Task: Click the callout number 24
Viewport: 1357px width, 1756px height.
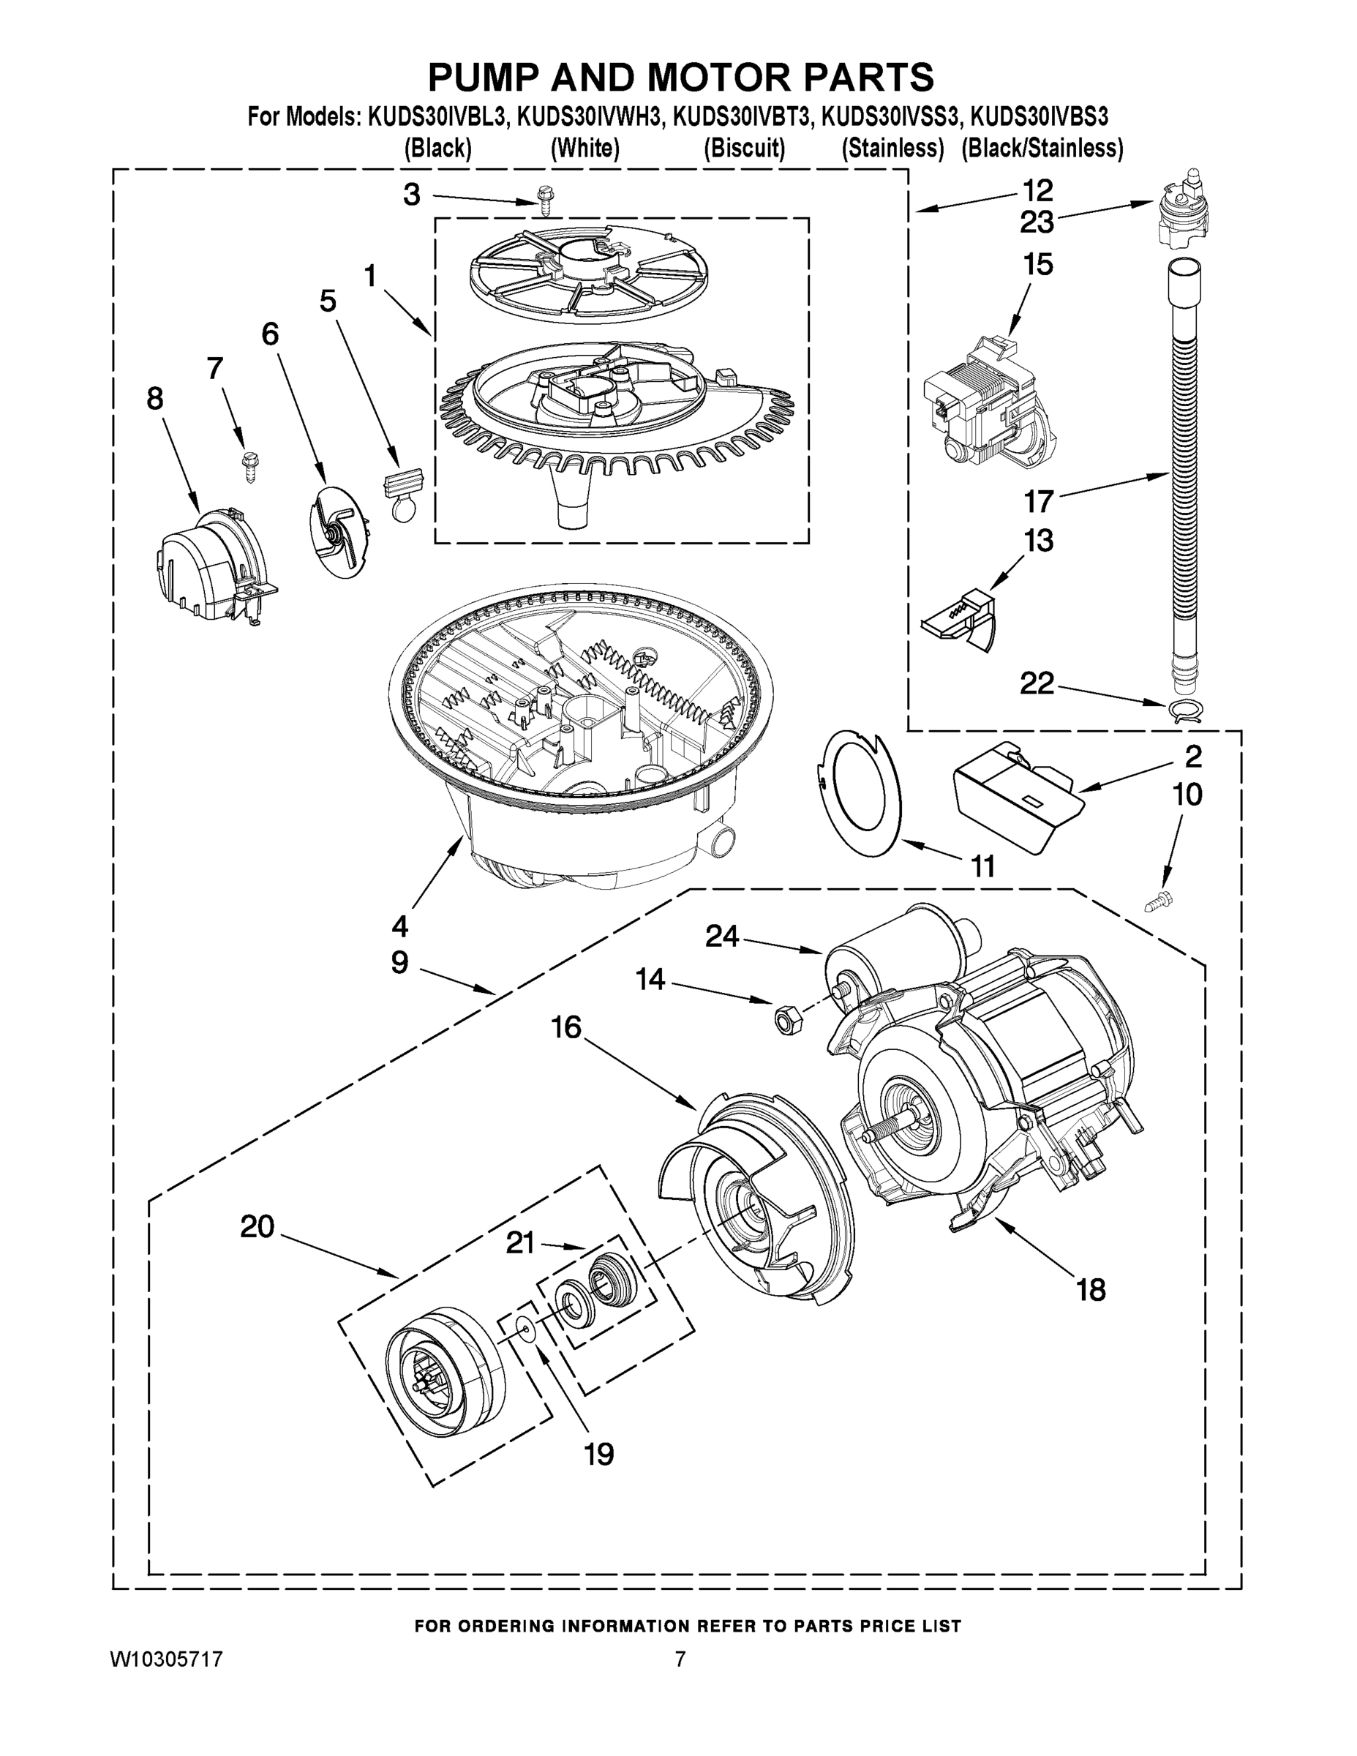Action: coord(721,936)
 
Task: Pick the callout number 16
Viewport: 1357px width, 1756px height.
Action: coord(566,1027)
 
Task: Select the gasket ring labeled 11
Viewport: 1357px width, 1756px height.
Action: coord(859,792)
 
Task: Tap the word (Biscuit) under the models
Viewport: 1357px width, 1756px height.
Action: coord(744,148)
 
